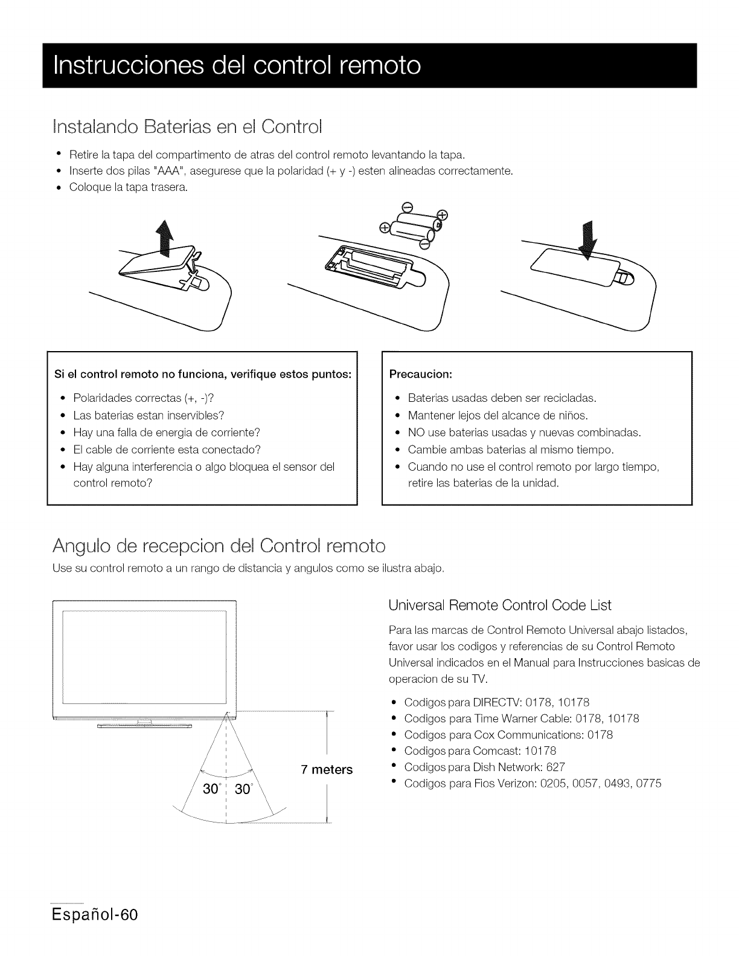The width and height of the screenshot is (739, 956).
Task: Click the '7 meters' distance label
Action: [326, 770]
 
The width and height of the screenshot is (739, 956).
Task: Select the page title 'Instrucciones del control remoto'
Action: [237, 65]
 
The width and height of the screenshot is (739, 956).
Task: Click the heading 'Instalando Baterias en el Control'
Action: [188, 128]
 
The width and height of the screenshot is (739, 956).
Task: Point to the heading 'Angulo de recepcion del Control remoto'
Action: [219, 546]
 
